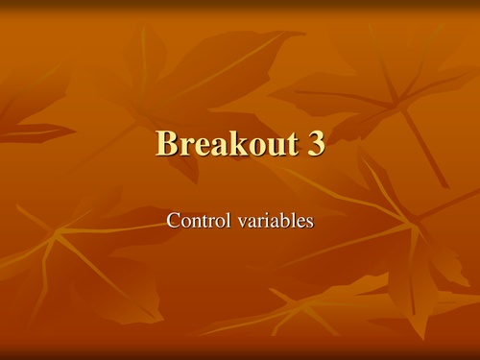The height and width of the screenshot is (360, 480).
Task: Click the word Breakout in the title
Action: (225, 144)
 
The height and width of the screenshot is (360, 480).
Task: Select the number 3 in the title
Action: (315, 144)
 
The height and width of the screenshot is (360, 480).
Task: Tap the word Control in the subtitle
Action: (198, 220)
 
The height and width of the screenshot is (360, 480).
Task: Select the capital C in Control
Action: (173, 220)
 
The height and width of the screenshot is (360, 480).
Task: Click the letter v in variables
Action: (239, 222)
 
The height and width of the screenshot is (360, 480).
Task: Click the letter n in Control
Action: (194, 222)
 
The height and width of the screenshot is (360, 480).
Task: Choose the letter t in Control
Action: (202, 221)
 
